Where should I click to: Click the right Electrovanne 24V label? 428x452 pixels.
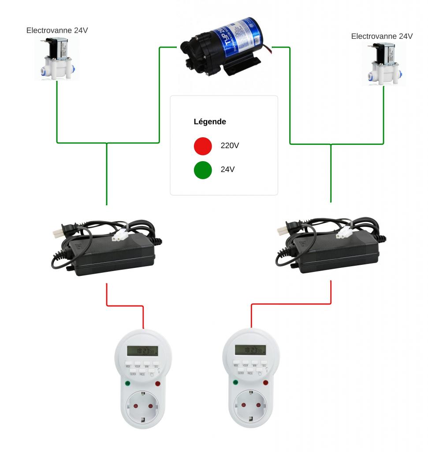pos(382,36)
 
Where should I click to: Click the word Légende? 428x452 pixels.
pos(210,121)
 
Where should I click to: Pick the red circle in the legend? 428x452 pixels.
pos(203,146)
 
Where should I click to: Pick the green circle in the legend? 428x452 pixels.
pos(203,170)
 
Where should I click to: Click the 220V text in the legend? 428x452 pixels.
pos(230,146)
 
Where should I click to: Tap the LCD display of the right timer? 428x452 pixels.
pos(250,350)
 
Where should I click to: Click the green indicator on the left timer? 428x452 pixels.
pos(128,384)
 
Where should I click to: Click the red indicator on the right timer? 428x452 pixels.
pos(266,382)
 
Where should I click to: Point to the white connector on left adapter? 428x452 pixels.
pos(118,236)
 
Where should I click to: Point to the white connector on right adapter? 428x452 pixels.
pos(344,235)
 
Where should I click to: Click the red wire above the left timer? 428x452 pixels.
pos(125,305)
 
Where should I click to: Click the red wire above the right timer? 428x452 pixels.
pos(291,304)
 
